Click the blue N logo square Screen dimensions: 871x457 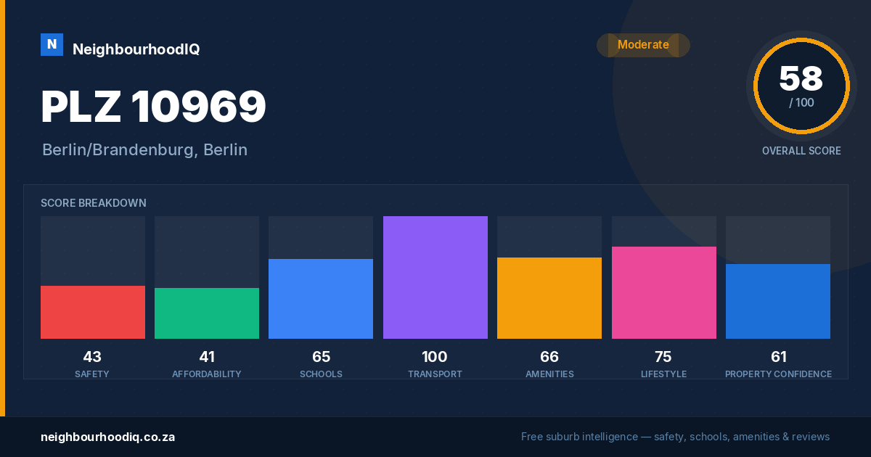(x=52, y=45)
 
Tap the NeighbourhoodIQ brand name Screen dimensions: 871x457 (x=136, y=49)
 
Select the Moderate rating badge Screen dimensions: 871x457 (x=643, y=45)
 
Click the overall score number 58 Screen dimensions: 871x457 (x=801, y=78)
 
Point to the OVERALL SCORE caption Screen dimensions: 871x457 (x=801, y=151)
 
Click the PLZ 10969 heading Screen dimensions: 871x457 (x=153, y=106)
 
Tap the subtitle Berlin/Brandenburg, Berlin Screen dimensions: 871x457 (x=144, y=150)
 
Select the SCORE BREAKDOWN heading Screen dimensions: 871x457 (x=94, y=203)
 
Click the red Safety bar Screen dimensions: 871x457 (x=93, y=312)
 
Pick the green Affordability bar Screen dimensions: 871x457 (x=207, y=313)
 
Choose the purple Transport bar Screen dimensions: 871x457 (x=435, y=277)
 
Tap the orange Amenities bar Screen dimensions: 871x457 (x=549, y=298)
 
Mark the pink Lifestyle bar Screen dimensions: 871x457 (x=663, y=292)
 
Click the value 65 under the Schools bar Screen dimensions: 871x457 (x=321, y=357)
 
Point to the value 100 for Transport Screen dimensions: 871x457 (x=435, y=357)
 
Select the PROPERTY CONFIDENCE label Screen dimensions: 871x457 (x=778, y=374)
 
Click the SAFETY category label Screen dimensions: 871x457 (x=92, y=374)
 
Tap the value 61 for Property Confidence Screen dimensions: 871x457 (x=778, y=357)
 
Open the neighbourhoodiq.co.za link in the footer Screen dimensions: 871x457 (x=107, y=437)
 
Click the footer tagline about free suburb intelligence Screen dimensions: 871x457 (x=676, y=437)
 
